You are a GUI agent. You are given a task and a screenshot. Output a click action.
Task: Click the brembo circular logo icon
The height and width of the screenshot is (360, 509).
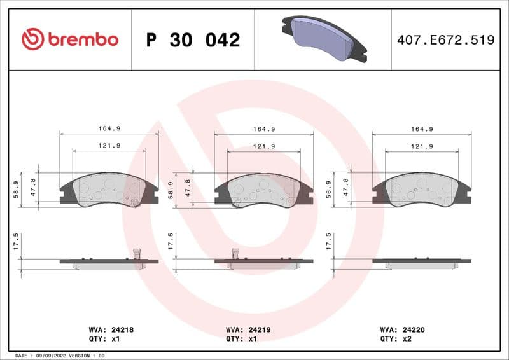pyautogui.click(x=32, y=39)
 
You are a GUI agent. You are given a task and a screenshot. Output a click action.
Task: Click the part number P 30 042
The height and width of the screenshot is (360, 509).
pyautogui.click(x=193, y=40)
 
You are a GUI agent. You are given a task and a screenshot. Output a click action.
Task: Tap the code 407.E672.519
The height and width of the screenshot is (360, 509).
pyautogui.click(x=445, y=40)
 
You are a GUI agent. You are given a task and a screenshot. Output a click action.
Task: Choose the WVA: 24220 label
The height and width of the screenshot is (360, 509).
pyautogui.click(x=401, y=330)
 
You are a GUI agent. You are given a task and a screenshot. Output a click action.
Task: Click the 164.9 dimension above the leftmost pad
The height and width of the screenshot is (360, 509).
pyautogui.click(x=109, y=128)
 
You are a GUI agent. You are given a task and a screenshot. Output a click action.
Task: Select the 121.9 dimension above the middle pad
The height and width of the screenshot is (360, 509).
pyautogui.click(x=264, y=146)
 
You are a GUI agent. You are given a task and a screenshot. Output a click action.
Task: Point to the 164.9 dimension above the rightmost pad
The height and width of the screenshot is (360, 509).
pyautogui.click(x=422, y=128)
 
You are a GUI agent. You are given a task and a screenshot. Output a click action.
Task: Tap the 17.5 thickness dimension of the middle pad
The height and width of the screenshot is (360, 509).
pyautogui.click(x=171, y=242)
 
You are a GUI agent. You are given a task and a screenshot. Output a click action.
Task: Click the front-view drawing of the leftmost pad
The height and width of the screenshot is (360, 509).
pyautogui.click(x=109, y=190)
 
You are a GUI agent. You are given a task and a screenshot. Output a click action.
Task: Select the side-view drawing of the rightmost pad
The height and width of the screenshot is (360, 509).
pyautogui.click(x=422, y=262)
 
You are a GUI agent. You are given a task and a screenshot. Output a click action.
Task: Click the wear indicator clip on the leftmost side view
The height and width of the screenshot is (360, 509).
pyautogui.click(x=135, y=254)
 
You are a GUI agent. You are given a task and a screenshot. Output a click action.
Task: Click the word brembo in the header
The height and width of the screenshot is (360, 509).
pyautogui.click(x=83, y=39)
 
